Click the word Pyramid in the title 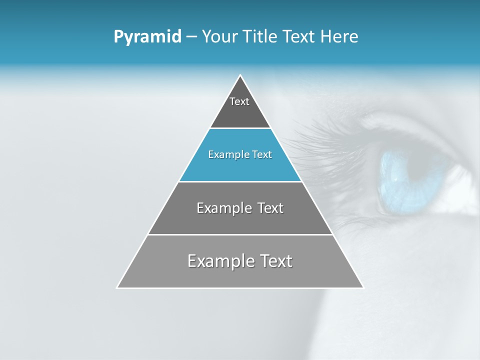tap(147, 37)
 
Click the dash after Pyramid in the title tap(191, 37)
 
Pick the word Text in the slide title tap(300, 36)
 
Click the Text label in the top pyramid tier tap(239, 101)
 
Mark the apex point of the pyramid tap(240, 75)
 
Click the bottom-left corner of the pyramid tap(117, 287)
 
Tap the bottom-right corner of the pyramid tap(363, 287)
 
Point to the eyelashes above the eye tap(320, 137)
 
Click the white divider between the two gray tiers tap(240, 234)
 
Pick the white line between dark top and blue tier tap(240, 128)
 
